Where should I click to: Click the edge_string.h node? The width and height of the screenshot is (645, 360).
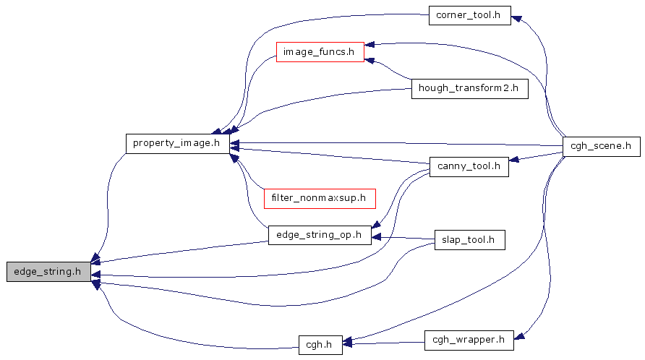pyautogui.click(x=48, y=272)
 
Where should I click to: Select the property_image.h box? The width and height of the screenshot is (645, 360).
pyautogui.click(x=177, y=143)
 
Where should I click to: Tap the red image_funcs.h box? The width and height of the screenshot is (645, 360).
pyautogui.click(x=319, y=52)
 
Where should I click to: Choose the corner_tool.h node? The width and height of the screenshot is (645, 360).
pyautogui.click(x=469, y=14)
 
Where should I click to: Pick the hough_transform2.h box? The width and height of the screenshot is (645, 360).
pyautogui.click(x=469, y=89)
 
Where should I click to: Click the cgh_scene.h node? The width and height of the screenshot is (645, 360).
pyautogui.click(x=601, y=145)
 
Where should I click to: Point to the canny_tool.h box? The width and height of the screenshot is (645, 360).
pyautogui.click(x=469, y=166)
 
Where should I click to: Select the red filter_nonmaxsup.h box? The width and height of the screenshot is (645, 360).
pyautogui.click(x=319, y=197)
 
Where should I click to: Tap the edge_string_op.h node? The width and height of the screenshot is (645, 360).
pyautogui.click(x=319, y=234)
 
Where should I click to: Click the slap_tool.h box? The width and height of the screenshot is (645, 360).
pyautogui.click(x=468, y=240)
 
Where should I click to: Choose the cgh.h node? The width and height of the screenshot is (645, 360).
pyautogui.click(x=320, y=344)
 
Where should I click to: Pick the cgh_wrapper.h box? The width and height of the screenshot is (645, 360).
pyautogui.click(x=468, y=338)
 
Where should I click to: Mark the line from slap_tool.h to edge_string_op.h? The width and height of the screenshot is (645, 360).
pyautogui.click(x=405, y=238)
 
